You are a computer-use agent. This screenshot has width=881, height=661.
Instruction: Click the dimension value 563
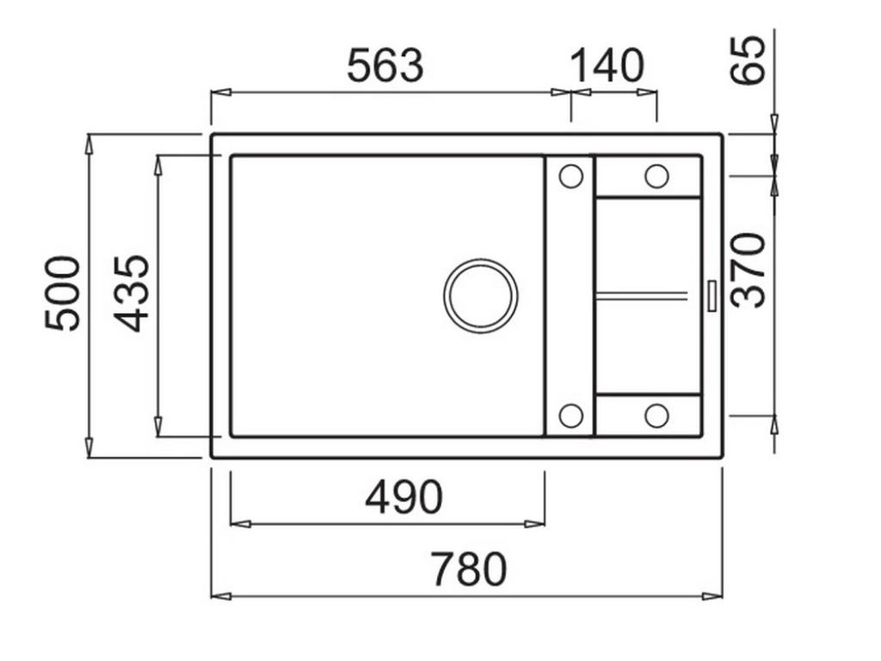(385, 66)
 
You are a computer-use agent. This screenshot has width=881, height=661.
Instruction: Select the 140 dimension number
(607, 66)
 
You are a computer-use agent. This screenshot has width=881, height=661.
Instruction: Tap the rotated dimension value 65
(747, 59)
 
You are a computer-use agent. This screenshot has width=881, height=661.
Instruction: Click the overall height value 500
(64, 293)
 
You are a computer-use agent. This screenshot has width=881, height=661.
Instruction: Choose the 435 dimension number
(132, 293)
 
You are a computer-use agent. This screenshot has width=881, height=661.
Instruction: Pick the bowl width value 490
(404, 497)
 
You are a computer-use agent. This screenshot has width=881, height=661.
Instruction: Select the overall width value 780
(469, 570)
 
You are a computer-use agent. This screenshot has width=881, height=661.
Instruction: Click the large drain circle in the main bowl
(481, 295)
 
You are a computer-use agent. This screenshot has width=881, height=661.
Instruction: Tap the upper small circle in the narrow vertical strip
(570, 176)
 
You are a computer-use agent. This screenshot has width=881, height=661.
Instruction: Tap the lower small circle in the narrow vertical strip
(570, 416)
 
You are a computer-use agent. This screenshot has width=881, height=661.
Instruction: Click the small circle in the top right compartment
(656, 176)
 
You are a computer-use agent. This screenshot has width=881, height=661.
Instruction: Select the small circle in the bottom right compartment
(656, 416)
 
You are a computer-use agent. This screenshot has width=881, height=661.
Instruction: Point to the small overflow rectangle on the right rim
(712, 295)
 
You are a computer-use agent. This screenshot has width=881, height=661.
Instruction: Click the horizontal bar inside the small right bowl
(642, 296)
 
